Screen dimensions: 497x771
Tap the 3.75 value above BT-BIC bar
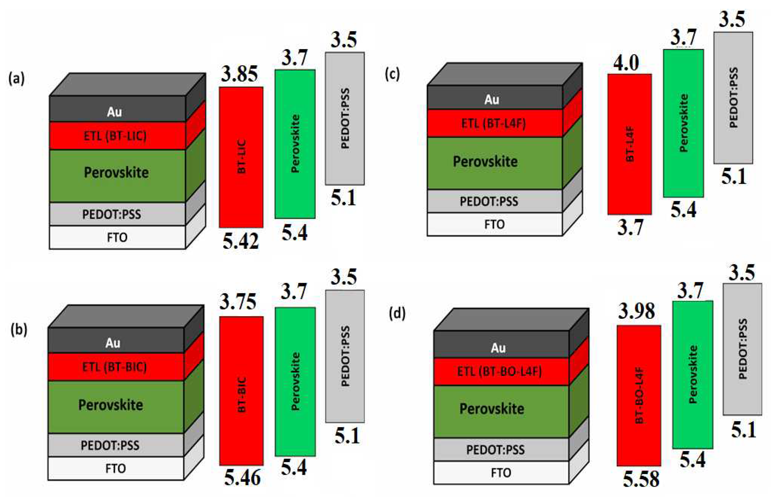[238, 302]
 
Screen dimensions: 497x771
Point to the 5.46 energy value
[242, 478]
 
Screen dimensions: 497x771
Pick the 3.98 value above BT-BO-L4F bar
[636, 311]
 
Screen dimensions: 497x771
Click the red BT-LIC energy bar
[241, 157]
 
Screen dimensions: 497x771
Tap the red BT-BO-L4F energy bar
[639, 395]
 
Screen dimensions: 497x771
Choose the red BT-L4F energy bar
[629, 144]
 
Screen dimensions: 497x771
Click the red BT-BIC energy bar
[241, 391]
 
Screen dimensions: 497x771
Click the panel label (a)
[16, 79]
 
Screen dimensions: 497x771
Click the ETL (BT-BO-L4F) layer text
[499, 372]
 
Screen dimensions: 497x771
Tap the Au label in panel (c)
[492, 99]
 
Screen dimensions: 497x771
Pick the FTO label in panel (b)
[116, 468]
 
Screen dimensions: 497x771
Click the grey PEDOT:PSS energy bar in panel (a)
[345, 119]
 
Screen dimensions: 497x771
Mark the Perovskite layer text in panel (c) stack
[485, 161]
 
